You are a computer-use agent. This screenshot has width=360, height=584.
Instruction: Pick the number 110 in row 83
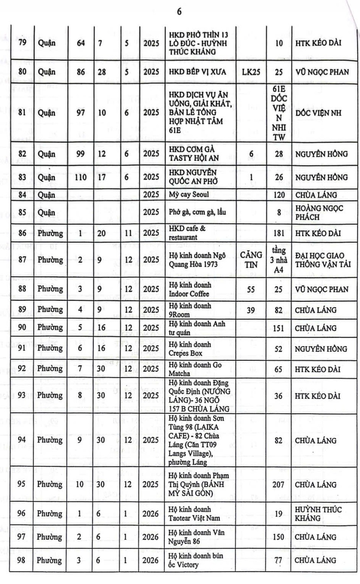(81, 177)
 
